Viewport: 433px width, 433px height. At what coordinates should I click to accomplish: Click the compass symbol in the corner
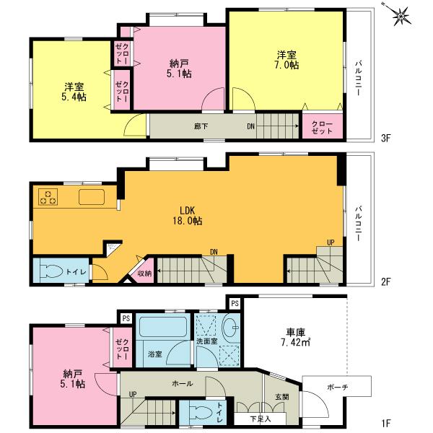[x=398, y=15]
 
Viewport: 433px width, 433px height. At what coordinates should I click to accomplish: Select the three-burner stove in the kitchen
[x=49, y=198]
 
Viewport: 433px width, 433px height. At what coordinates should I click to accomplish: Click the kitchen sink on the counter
[x=91, y=198]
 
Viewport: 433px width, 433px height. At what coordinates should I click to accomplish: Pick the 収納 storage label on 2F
[x=144, y=273]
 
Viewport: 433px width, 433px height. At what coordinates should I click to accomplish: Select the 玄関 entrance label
[x=281, y=396]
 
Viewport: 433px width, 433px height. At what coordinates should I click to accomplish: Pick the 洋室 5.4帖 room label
[x=73, y=91]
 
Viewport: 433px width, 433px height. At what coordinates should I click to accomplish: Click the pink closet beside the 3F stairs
[x=322, y=128]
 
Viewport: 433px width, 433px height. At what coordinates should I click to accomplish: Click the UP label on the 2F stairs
[x=331, y=242]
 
